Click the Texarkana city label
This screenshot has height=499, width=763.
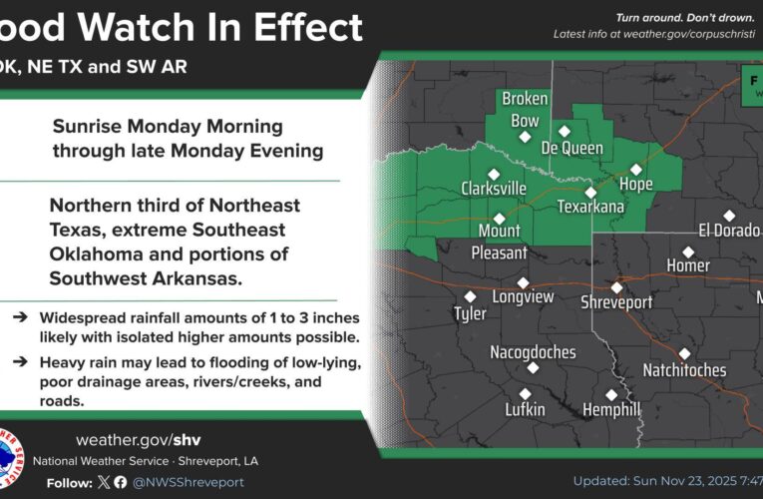pos(589,208)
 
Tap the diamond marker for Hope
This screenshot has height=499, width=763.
pos(636,170)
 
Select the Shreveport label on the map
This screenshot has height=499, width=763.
pos(616,301)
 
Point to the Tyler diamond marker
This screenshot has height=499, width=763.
pos(471,296)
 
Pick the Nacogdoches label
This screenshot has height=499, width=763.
pos(533,351)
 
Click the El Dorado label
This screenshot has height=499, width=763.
pos(729,231)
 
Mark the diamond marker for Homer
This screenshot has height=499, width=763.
pos(688,251)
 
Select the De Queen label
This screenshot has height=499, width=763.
pos(572,148)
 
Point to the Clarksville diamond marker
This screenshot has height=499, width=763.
pos(494,174)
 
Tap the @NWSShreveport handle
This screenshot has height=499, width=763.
pos(189,482)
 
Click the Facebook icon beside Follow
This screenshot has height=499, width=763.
pos(120,482)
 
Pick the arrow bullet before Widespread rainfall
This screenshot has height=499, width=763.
pos(20,315)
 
